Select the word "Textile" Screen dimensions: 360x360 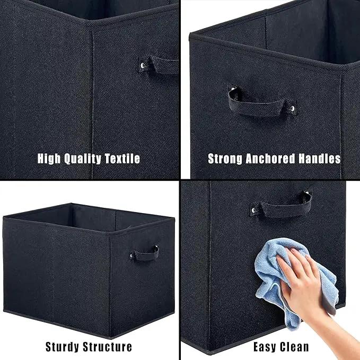pyautogui.click(x=122, y=159)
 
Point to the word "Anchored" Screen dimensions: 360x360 pyautogui.click(x=270, y=159)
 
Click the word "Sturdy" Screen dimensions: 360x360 pyautogui.click(x=62, y=347)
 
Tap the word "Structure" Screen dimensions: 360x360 pyautogui.click(x=108, y=347)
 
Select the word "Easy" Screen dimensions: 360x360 pyautogui.click(x=265, y=347)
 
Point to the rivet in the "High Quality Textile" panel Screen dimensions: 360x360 pyautogui.click(x=143, y=66)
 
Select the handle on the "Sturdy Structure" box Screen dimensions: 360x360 pyautogui.click(x=145, y=254)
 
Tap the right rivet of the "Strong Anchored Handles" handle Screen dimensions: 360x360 pyautogui.click(x=292, y=108)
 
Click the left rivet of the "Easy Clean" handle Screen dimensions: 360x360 pyautogui.click(x=253, y=210)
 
